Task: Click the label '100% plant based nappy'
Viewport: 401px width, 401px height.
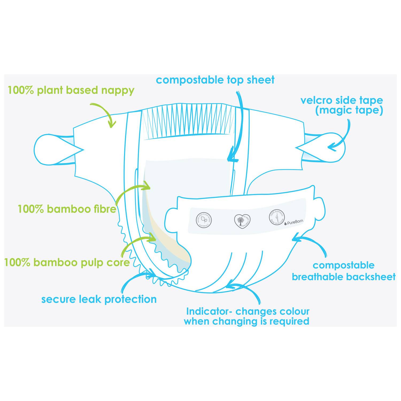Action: [71, 90]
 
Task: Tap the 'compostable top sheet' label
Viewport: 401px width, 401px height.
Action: [215, 80]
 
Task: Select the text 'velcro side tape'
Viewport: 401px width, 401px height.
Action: [342, 101]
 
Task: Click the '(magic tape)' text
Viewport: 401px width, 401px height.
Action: [349, 110]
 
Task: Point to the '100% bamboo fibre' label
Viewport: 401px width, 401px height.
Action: [67, 209]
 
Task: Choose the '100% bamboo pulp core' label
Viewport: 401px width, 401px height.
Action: [67, 262]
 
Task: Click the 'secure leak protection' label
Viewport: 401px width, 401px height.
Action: [99, 299]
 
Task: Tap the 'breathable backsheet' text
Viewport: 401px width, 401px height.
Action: [344, 277]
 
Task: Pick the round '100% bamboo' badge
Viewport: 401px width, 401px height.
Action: [277, 217]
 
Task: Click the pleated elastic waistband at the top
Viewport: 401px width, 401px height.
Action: [187, 120]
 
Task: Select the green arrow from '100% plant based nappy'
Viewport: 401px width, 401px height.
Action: [106, 112]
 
